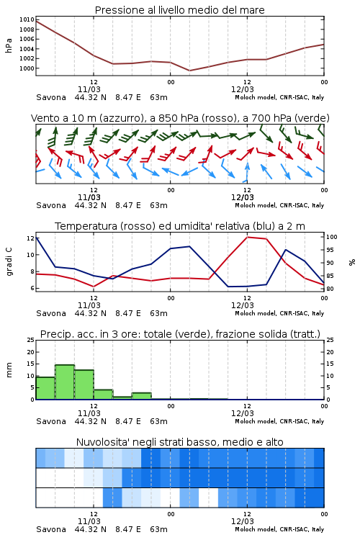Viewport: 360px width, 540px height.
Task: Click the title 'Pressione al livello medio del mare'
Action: pos(179,10)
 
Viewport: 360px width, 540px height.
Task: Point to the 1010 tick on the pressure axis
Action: pos(27,19)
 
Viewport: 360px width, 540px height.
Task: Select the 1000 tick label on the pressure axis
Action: pos(27,68)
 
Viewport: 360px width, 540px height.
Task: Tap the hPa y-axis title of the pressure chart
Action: pos(9,45)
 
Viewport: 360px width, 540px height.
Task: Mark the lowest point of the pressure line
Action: pos(189,71)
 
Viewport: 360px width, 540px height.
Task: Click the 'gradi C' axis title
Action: pos(9,262)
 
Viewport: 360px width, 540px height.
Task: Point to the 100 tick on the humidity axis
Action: pos(332,237)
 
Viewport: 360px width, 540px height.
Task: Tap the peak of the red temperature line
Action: pos(248,237)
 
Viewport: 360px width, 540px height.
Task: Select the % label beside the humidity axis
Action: pos(352,262)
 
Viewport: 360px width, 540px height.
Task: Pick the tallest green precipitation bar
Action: pos(65,382)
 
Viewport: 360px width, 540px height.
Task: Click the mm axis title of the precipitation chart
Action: pos(9,370)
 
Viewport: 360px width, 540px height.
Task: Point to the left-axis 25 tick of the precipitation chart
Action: pos(31,340)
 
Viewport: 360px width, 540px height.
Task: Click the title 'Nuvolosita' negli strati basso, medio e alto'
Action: pos(179,442)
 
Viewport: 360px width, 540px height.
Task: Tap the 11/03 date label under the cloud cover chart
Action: pos(89,521)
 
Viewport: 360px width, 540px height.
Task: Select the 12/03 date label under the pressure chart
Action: pos(242,89)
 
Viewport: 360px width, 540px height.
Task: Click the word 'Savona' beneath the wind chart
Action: pos(51,205)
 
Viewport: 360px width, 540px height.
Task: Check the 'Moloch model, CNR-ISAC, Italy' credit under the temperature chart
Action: pos(279,313)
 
